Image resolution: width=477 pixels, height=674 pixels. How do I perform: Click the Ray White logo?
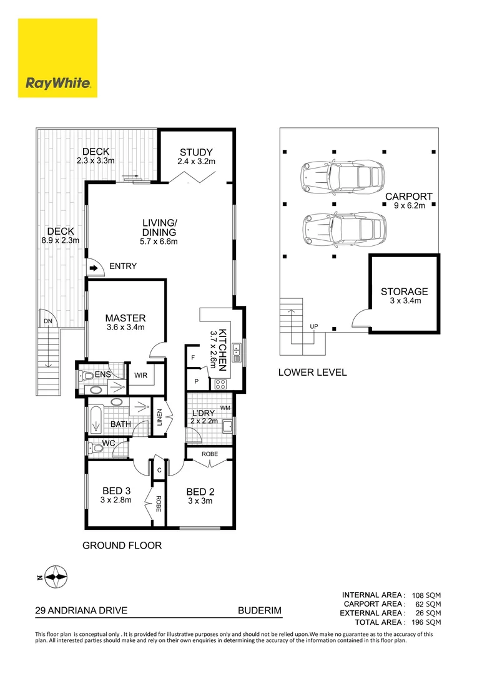(57, 58)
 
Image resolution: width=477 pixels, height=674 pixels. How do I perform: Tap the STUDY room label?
(196, 152)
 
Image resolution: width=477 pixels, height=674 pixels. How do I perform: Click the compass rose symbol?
(56, 577)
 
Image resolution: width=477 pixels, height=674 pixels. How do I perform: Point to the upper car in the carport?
(342, 176)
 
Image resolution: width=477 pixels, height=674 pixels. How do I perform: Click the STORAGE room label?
(405, 291)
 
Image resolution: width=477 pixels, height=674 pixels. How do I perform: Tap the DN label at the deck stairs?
(48, 321)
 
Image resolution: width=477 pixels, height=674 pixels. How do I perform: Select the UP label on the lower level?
(314, 326)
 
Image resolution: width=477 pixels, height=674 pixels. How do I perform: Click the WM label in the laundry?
(225, 408)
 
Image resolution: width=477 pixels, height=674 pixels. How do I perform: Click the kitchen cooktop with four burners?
(220, 384)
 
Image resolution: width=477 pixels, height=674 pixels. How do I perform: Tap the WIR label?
(140, 375)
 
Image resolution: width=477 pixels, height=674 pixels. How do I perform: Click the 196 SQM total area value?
(426, 622)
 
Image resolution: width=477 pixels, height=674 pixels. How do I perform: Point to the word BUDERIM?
(260, 610)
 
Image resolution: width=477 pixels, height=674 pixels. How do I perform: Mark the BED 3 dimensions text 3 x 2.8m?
(116, 500)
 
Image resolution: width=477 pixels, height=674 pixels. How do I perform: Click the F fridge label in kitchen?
(193, 357)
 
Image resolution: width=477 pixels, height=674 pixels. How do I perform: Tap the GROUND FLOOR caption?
(122, 545)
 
